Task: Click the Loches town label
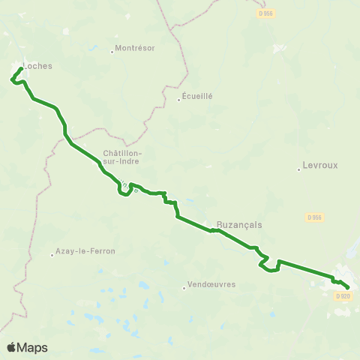[38, 66]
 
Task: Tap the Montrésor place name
[136, 49]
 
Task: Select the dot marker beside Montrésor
[112, 52]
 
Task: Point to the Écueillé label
[198, 97]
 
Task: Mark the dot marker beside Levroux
[299, 169]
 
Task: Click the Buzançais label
[237, 224]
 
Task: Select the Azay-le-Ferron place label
[86, 251]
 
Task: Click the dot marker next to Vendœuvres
[184, 286]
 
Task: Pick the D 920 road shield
[343, 296]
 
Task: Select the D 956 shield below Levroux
[314, 217]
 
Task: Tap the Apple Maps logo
[27, 347]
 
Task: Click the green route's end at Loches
[20, 69]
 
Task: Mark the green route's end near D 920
[349, 286]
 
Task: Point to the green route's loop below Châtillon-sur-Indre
[124, 192]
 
